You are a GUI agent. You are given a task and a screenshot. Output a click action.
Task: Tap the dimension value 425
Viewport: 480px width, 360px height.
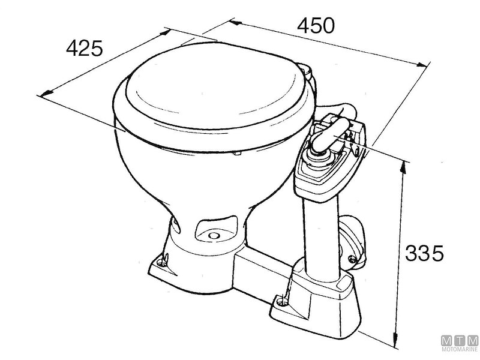point(85,48)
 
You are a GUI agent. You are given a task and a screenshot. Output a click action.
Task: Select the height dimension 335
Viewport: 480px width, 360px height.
point(424,253)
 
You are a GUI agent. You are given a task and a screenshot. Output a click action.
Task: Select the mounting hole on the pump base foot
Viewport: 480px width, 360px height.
point(279,298)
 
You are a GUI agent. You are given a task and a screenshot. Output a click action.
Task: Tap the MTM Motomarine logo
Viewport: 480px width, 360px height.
point(459,344)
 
